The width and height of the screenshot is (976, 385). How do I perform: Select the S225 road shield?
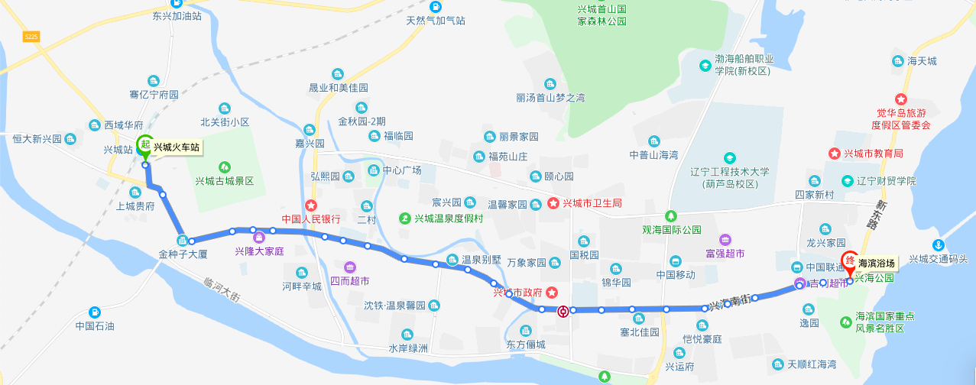(31, 36)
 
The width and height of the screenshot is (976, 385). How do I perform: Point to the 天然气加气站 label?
(436, 21)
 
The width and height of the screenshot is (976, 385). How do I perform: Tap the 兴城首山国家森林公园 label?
(601, 15)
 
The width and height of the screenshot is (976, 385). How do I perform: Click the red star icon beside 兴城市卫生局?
(553, 203)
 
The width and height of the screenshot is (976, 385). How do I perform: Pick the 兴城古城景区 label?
(224, 181)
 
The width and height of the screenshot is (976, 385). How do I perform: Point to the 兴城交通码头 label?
(938, 259)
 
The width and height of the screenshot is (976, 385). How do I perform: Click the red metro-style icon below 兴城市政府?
(563, 311)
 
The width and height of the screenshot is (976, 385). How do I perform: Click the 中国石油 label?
(95, 326)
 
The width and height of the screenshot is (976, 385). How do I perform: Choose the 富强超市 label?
(725, 254)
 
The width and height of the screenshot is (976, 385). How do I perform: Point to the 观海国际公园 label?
(671, 229)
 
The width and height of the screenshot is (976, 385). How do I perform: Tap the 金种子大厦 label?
(183, 254)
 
